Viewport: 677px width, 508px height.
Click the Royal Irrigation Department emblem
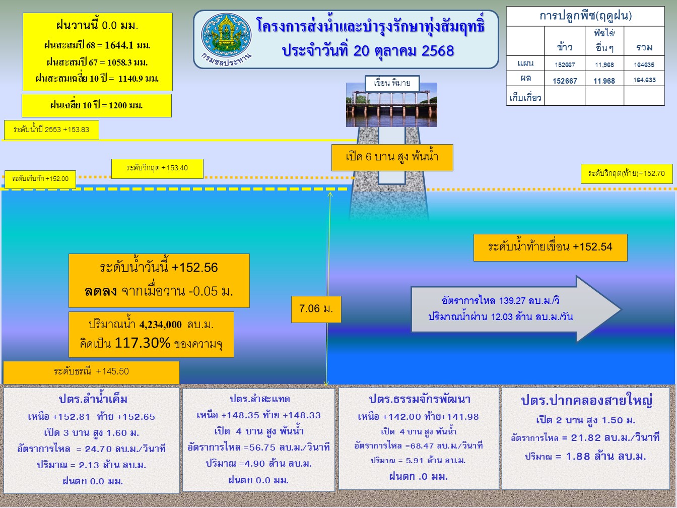coord(226,34)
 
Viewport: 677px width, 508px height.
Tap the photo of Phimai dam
coord(391,105)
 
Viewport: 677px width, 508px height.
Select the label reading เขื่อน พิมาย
coord(392,83)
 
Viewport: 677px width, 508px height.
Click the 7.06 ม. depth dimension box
coord(316,309)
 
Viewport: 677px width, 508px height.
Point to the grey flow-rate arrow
coord(516,309)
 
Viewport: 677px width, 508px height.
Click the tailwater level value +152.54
coord(592,247)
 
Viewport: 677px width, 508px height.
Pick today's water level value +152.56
coord(194,268)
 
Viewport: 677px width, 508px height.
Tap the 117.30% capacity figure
coord(142,343)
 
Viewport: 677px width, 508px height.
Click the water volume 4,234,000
coord(160,325)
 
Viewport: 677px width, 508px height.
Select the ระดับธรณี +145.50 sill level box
coord(91,372)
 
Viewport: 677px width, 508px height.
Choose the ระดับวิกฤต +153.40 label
coord(157,168)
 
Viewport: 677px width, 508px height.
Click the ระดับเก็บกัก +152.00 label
coord(40,179)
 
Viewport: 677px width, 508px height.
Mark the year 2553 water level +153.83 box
coord(51,130)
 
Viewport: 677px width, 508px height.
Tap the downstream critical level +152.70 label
coord(627,174)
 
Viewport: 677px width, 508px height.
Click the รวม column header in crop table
coord(644,47)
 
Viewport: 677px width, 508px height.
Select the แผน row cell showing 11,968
coord(604,65)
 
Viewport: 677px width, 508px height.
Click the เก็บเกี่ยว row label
coord(525,98)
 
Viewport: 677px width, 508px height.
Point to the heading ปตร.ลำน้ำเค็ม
coord(93,400)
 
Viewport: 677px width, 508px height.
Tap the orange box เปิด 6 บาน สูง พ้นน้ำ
coord(392,158)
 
